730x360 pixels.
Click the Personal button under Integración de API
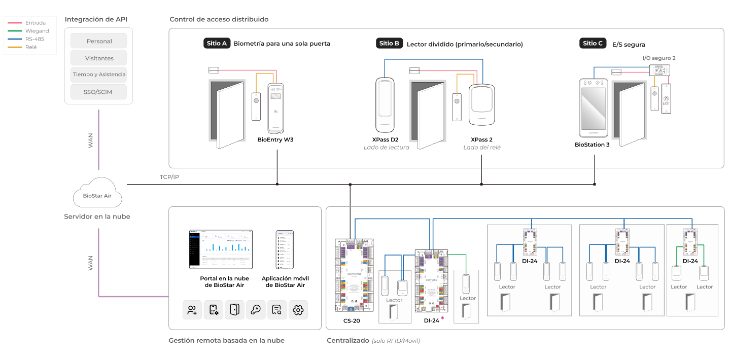tap(99, 41)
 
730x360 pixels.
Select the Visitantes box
tap(99, 58)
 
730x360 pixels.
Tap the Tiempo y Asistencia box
tap(99, 75)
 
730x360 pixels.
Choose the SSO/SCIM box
tap(99, 92)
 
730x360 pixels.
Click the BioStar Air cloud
tap(97, 195)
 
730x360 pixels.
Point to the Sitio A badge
tap(217, 44)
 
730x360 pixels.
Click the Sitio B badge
tap(389, 44)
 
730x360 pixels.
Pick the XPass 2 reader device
tap(481, 104)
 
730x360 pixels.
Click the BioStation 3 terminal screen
tap(593, 107)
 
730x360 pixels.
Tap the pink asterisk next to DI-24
tap(442, 318)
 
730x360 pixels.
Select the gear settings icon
tap(298, 310)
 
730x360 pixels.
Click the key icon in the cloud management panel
tap(256, 310)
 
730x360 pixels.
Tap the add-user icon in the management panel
tap(192, 310)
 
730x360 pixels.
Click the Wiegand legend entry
tap(37, 31)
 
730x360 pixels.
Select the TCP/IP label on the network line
tap(169, 177)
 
